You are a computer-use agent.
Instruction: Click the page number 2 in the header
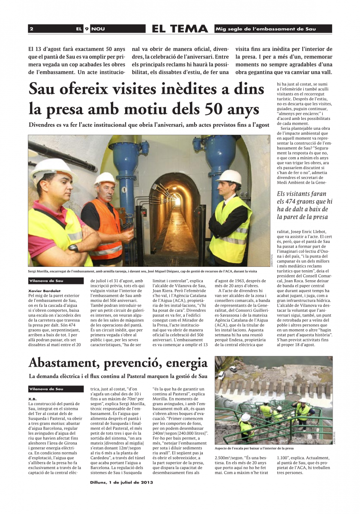pyautogui.click(x=32, y=29)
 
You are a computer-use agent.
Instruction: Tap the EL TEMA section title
pyautogui.click(x=180, y=29)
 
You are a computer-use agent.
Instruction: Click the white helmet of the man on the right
pyautogui.click(x=230, y=176)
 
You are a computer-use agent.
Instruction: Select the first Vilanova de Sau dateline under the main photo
pyautogui.click(x=49, y=281)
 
